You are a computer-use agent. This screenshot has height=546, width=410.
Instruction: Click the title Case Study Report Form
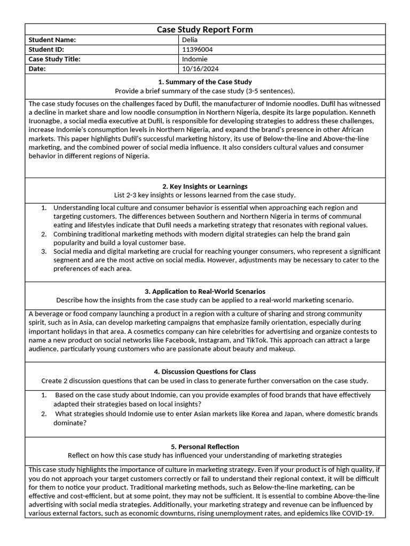(x=204, y=29)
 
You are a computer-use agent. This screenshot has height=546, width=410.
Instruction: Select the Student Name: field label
(x=52, y=40)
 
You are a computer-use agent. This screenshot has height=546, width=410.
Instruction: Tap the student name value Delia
(x=190, y=40)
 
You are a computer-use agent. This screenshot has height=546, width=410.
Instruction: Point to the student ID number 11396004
(x=198, y=50)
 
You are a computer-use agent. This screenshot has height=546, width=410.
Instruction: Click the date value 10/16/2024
(x=200, y=69)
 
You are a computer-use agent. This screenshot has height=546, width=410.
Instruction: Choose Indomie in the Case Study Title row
(x=194, y=59)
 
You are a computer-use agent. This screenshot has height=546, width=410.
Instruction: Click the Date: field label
(x=37, y=69)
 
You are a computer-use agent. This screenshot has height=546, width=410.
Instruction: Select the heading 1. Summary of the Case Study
(x=204, y=82)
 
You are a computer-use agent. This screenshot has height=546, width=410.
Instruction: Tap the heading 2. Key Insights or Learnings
(x=204, y=187)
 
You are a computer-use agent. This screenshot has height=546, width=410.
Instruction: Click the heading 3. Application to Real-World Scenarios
(x=204, y=292)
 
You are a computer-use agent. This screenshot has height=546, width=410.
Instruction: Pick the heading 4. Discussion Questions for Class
(x=204, y=372)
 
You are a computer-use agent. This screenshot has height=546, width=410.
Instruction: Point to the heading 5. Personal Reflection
(x=204, y=447)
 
